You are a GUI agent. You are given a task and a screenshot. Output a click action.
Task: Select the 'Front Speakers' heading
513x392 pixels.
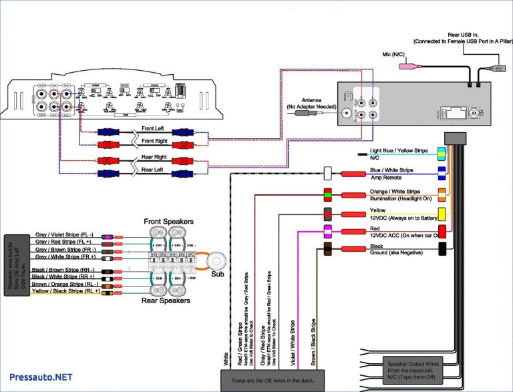click(168, 221)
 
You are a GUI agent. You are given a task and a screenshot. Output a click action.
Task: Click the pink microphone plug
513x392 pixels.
click(406, 67)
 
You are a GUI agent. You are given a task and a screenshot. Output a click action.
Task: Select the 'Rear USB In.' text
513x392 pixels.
click(462, 33)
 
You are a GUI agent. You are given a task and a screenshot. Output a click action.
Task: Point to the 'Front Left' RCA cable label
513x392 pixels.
click(152, 128)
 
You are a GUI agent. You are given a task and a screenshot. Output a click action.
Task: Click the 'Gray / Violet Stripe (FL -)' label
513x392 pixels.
click(64, 236)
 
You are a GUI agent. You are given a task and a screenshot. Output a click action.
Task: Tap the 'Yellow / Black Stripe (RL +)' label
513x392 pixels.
click(65, 291)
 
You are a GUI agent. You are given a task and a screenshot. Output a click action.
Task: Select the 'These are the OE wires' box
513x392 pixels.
click(272, 381)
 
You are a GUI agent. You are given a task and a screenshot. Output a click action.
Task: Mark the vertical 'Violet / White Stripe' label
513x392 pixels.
click(292, 343)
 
